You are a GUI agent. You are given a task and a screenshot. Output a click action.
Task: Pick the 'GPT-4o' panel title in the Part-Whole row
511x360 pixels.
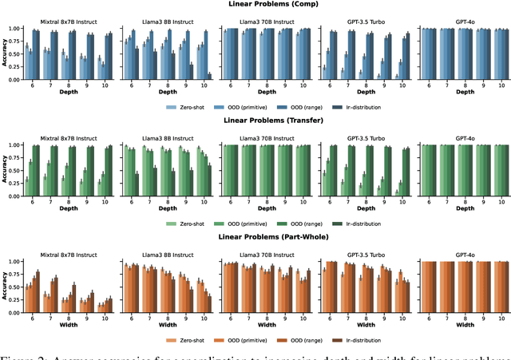click(465, 254)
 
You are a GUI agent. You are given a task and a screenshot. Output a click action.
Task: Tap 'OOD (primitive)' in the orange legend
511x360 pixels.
click(257, 338)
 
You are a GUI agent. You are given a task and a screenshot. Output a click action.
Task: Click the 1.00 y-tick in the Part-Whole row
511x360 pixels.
click(16, 262)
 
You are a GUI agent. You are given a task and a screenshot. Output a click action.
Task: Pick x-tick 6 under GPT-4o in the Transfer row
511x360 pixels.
click(428, 200)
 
